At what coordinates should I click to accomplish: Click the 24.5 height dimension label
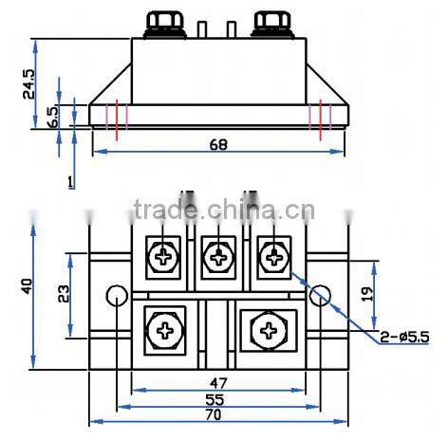tap(30, 82)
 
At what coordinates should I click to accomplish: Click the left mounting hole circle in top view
tap(116, 294)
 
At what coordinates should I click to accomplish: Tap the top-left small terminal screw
tap(165, 255)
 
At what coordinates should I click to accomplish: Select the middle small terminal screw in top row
tap(219, 255)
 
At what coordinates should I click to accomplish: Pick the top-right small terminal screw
tap(274, 255)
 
